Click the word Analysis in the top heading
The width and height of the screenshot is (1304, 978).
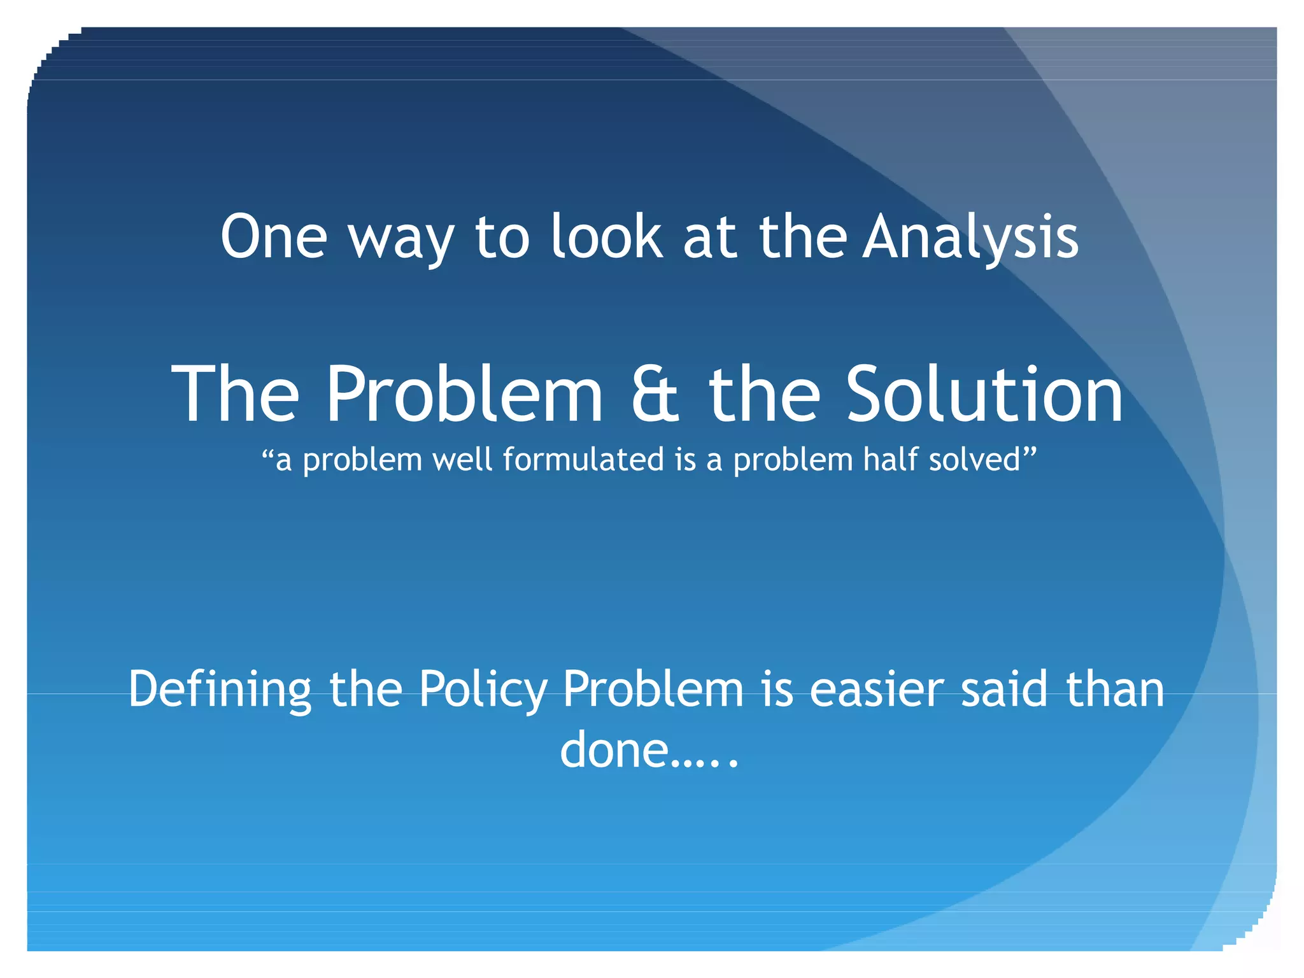point(970,237)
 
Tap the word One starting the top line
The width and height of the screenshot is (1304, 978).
point(274,237)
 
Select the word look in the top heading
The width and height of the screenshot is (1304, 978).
point(606,237)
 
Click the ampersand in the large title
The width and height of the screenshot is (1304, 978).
point(655,394)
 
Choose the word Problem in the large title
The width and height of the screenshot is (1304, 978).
point(464,394)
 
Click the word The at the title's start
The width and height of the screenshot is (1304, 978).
point(236,394)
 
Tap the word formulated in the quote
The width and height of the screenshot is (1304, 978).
point(584,460)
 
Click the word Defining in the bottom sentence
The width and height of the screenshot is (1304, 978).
point(220,690)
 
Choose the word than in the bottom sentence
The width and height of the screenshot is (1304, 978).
point(1115,690)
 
